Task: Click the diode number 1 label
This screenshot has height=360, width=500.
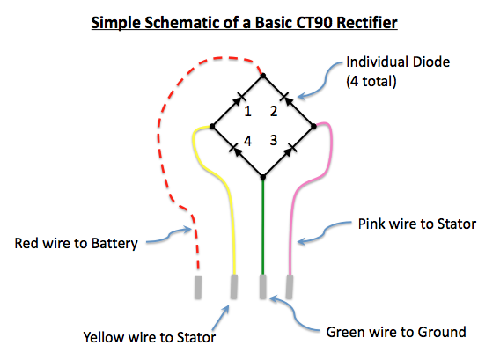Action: (247, 111)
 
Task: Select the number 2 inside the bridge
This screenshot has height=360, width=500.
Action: (274, 111)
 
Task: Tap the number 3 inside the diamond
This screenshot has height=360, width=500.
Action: (274, 140)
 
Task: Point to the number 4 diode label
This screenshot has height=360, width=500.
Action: (247, 141)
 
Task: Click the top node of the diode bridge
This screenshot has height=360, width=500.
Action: (263, 76)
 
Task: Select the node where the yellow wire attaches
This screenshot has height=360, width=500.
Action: (212, 127)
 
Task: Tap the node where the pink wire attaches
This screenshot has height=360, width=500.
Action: (313, 127)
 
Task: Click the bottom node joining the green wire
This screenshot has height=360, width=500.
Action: (263, 177)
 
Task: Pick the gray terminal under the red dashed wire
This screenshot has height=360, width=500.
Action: (198, 287)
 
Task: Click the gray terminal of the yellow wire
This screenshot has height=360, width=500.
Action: (234, 287)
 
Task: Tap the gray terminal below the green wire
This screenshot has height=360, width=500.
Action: (262, 287)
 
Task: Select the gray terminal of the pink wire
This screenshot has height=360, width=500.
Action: (290, 287)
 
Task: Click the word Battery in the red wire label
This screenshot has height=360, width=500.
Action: (114, 244)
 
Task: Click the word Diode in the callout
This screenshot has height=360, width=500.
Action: (431, 62)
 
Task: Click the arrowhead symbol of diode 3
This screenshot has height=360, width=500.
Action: (289, 151)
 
